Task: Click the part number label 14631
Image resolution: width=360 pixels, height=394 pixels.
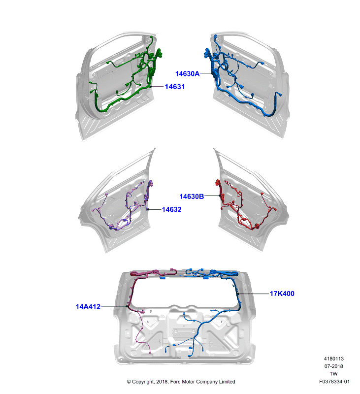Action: [x=175, y=87]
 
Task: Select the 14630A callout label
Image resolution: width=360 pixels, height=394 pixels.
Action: [x=188, y=73]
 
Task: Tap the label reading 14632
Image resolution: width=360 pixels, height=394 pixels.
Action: [x=171, y=209]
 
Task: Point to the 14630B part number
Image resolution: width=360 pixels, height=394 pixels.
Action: [x=192, y=197]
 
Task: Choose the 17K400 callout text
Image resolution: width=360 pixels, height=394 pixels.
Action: [x=282, y=294]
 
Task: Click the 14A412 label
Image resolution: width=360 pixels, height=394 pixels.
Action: [x=88, y=306]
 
